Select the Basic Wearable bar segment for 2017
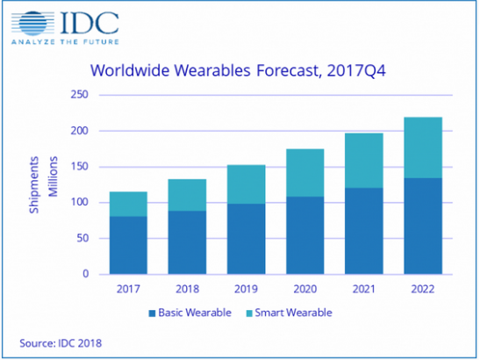[x=128, y=245]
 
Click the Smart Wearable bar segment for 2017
[x=128, y=204]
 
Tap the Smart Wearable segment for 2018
[x=188, y=195]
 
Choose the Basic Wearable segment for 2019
[x=247, y=239]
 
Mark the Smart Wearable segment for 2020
[x=306, y=173]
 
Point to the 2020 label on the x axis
[x=306, y=286]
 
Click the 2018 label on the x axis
[x=188, y=286]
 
